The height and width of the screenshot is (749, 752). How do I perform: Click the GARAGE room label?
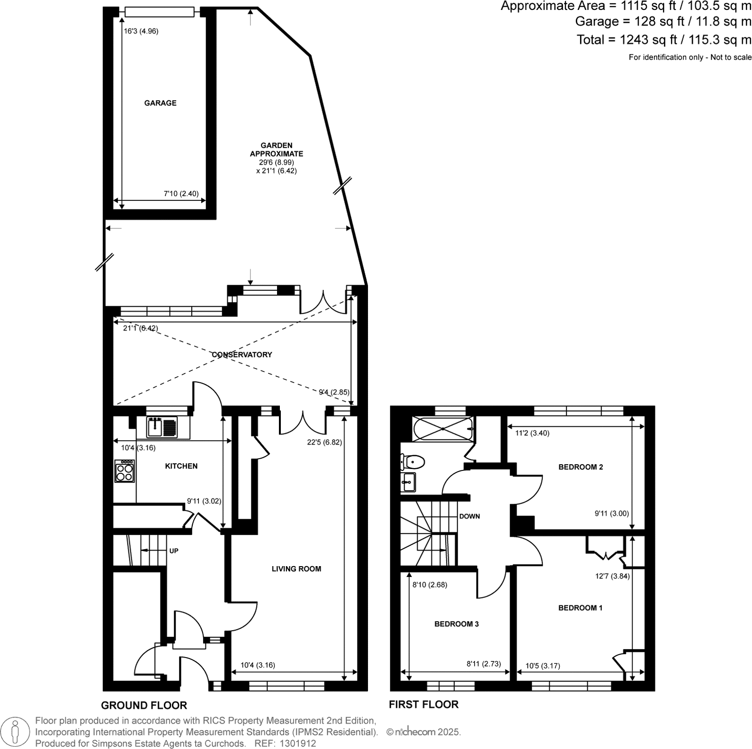click(x=160, y=103)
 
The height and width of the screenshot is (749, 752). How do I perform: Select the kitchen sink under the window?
click(x=161, y=427)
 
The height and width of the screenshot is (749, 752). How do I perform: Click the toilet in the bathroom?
click(x=412, y=460)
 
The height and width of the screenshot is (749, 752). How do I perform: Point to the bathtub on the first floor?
click(x=443, y=429)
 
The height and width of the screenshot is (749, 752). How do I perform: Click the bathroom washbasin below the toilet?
click(x=408, y=482)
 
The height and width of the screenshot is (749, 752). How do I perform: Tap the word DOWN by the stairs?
click(x=469, y=516)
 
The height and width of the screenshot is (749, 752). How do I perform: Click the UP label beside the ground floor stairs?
click(x=174, y=551)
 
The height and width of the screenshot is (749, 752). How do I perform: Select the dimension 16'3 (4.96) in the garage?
click(x=141, y=31)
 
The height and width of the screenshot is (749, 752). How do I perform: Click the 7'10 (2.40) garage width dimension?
click(x=181, y=193)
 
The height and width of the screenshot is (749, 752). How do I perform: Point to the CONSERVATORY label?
click(x=242, y=354)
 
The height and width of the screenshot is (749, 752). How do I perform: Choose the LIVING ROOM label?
click(x=296, y=569)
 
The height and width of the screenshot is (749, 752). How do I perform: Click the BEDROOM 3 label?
click(x=457, y=624)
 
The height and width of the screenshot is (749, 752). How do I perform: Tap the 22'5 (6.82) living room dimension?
click(x=324, y=442)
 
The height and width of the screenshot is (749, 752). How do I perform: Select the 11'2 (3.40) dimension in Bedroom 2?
click(x=532, y=433)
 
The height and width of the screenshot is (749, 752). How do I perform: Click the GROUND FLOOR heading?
click(x=144, y=705)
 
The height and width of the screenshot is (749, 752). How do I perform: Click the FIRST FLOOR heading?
click(x=423, y=704)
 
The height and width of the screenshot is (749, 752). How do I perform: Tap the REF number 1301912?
click(x=298, y=744)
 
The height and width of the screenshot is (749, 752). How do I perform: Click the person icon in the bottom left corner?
click(x=16, y=732)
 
